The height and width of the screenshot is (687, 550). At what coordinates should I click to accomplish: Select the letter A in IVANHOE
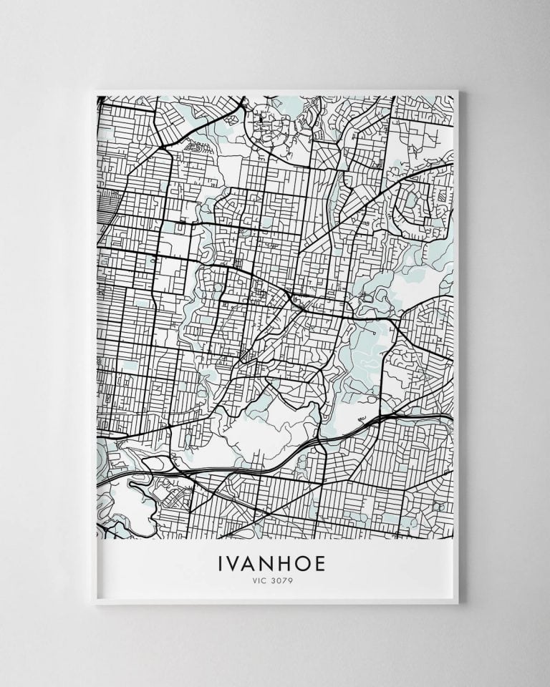pos(251,564)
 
